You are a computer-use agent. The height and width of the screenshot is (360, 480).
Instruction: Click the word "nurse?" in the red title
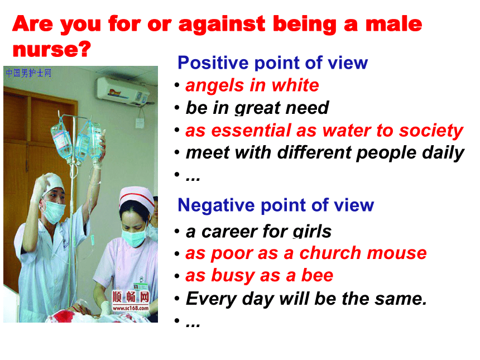[52, 49]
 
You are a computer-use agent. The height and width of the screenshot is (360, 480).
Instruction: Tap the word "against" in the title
[222, 25]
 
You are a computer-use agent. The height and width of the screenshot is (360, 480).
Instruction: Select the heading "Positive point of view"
[272, 63]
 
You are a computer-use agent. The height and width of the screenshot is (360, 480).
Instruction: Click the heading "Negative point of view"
[276, 205]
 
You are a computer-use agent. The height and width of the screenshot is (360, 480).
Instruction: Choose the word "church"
[330, 253]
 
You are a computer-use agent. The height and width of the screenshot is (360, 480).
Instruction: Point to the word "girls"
[312, 232]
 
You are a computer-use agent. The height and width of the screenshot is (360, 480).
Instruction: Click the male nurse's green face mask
[54, 212]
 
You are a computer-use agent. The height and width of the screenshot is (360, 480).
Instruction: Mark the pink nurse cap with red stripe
[137, 198]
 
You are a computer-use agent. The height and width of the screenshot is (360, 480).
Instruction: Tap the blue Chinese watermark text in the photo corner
[28, 73]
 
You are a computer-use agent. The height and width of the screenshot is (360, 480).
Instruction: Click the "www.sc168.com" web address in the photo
[131, 308]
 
